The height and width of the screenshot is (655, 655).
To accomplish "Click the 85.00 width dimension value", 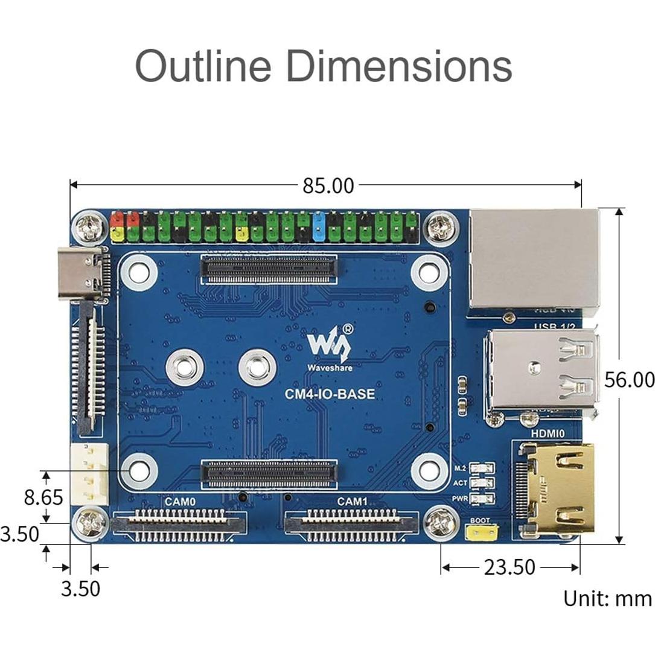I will (328, 186).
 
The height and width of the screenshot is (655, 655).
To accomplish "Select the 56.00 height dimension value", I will (629, 380).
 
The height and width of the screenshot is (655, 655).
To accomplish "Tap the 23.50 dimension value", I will (509, 567).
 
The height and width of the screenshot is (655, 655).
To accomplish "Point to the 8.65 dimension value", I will (43, 497).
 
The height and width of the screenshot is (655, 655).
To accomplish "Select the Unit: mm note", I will (607, 598).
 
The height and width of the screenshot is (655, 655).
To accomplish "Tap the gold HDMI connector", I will (557, 488).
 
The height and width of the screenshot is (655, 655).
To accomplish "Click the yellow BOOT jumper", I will (482, 532).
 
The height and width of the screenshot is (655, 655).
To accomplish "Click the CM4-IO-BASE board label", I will (330, 394).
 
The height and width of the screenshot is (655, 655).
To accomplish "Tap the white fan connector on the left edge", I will (89, 474).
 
